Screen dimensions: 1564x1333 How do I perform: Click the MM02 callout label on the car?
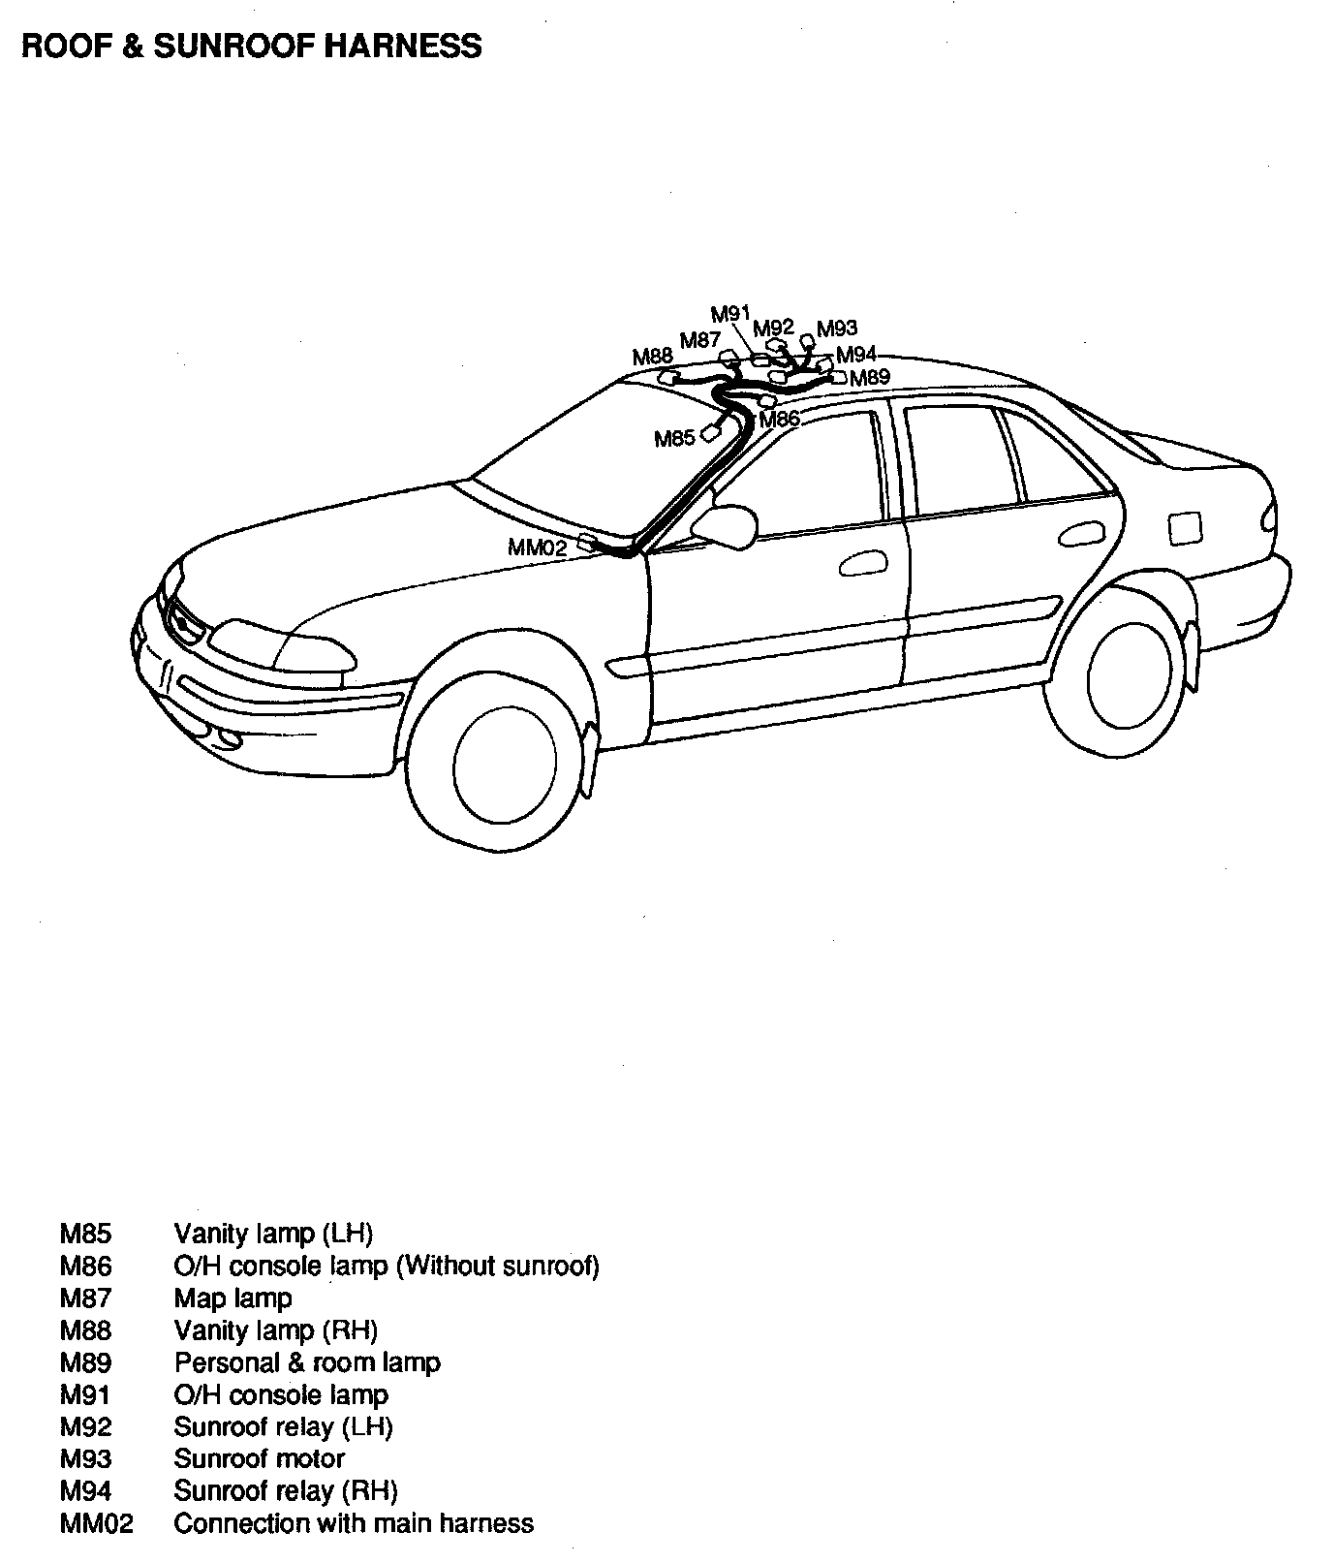[x=537, y=547]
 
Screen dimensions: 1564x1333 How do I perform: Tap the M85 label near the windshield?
[x=674, y=439]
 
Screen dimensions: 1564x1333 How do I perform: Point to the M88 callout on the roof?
[x=652, y=358]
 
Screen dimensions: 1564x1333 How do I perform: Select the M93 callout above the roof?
[x=837, y=328]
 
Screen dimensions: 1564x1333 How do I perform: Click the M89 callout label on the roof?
[x=869, y=378]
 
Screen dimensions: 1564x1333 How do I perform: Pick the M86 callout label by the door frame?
[x=780, y=420]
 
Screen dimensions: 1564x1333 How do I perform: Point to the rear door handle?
[x=1079, y=535]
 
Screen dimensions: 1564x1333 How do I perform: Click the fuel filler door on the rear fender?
[x=1185, y=529]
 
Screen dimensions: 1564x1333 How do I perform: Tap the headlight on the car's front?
[x=281, y=646]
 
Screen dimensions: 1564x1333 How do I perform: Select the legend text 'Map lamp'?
[x=232, y=1298]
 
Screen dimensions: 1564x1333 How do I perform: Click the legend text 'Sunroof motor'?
[x=259, y=1458]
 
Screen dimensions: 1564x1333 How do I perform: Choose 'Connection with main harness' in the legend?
[x=354, y=1523]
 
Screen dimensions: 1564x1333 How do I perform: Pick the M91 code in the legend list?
[x=85, y=1394]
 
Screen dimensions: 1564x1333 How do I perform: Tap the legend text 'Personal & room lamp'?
[x=307, y=1362]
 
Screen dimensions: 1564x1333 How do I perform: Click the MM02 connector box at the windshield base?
[x=587, y=542]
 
